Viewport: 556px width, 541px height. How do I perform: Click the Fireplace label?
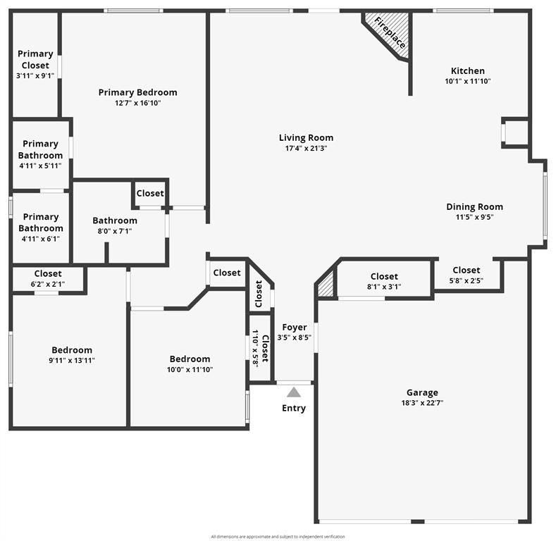click(390, 32)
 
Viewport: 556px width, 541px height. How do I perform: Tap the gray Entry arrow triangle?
click(294, 392)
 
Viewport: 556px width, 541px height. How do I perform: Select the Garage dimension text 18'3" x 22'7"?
click(422, 403)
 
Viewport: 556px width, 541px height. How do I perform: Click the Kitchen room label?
click(468, 70)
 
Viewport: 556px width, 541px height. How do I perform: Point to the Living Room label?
click(306, 138)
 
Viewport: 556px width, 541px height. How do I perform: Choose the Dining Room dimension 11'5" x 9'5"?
click(474, 218)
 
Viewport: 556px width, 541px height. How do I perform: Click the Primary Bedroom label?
click(137, 92)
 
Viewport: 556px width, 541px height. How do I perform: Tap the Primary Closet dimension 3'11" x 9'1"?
click(35, 75)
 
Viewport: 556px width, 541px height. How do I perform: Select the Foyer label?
click(294, 327)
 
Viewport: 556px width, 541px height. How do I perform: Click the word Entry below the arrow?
click(294, 409)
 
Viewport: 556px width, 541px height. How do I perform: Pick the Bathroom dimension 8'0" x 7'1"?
click(115, 231)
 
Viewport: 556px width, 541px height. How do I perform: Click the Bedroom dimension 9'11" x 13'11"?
click(72, 361)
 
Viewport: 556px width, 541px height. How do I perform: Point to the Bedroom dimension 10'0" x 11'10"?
click(190, 370)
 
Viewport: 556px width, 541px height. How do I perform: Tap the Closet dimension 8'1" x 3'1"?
click(384, 287)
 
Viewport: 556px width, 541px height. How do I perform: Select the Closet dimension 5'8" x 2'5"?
click(467, 280)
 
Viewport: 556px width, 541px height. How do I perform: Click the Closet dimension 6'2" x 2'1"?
click(48, 284)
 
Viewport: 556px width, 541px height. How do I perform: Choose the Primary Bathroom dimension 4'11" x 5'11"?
click(41, 166)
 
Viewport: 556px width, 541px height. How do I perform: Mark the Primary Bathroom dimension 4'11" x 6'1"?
click(41, 238)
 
